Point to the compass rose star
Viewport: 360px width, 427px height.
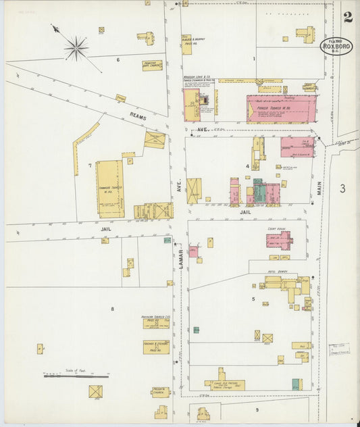point(76,47)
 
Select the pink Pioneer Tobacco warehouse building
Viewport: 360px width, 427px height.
point(281,108)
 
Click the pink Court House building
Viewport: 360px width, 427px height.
point(278,240)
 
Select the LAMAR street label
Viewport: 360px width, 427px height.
point(181,259)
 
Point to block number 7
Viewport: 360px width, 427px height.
point(89,166)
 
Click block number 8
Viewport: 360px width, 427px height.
point(112,309)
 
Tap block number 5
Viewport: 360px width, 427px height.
point(253,298)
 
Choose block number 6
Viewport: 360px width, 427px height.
point(118,60)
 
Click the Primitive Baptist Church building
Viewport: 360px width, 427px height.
point(153,66)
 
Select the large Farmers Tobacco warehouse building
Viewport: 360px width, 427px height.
point(109,189)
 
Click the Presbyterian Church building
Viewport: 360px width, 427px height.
point(160,392)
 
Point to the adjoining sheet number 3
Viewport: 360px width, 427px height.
point(342,189)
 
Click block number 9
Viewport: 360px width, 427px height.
point(257,409)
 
